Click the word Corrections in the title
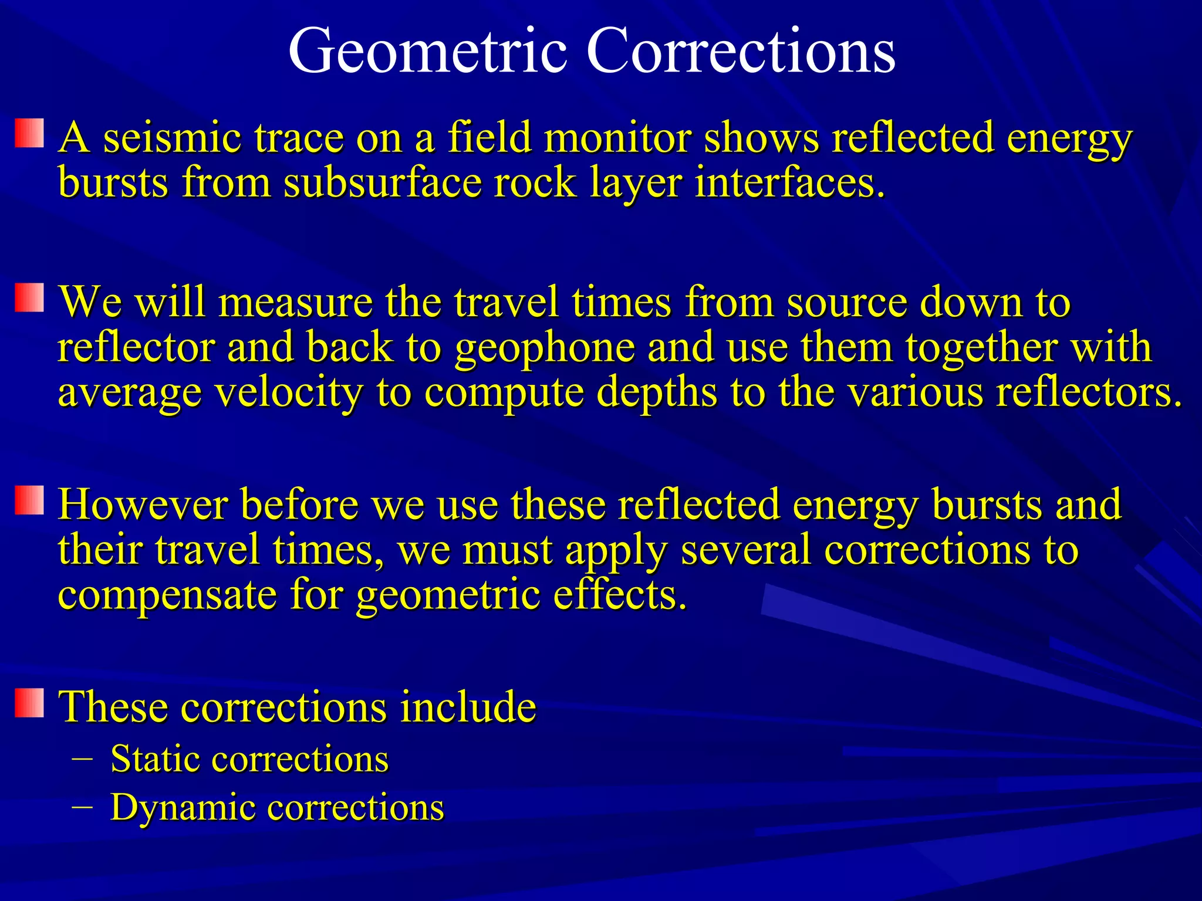740,52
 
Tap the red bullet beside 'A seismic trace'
29,133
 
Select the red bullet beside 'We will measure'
29,297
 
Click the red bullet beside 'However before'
29,500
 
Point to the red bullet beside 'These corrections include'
29,703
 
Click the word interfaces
789,182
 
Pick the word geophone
545,347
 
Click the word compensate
167,595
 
